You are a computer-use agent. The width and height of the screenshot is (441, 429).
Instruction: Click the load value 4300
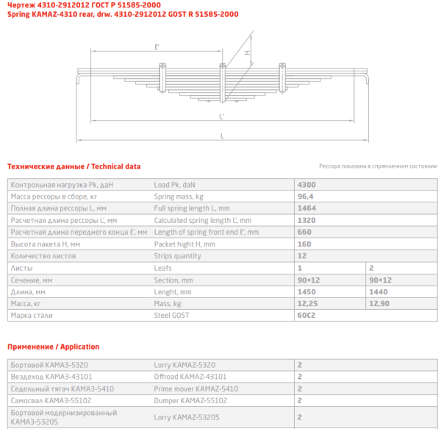pyautogui.click(x=306, y=184)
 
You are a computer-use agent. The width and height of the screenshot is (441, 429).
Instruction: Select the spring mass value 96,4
pyautogui.click(x=304, y=196)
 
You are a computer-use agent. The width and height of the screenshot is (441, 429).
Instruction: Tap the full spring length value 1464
pyautogui.click(x=306, y=208)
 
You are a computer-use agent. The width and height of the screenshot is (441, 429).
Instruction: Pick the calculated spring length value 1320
pyautogui.click(x=306, y=220)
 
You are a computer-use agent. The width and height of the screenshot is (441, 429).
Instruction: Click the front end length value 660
pyautogui.click(x=304, y=232)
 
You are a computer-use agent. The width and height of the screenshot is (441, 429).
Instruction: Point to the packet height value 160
pyautogui.click(x=304, y=244)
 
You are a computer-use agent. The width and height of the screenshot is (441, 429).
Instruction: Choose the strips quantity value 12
pyautogui.click(x=301, y=256)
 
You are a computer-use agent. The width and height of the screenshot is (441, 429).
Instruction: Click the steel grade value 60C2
pyautogui.click(x=306, y=315)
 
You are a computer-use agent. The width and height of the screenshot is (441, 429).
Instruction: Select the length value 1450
pyautogui.click(x=306, y=291)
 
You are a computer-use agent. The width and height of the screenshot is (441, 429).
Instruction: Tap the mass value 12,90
pyautogui.click(x=380, y=303)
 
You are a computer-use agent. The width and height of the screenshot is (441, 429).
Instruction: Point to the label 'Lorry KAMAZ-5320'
pyautogui.click(x=184, y=364)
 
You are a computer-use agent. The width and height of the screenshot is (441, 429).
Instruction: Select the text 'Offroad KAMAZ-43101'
pyautogui.click(x=188, y=376)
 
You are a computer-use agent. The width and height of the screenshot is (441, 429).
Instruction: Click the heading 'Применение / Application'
pyautogui.click(x=53, y=346)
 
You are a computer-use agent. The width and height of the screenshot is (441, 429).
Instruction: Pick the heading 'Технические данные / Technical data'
pyautogui.click(x=73, y=166)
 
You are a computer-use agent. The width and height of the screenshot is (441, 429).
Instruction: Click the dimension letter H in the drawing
pyautogui.click(x=248, y=54)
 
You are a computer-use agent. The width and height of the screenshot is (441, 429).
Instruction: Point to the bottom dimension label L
pyautogui.click(x=222, y=135)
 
